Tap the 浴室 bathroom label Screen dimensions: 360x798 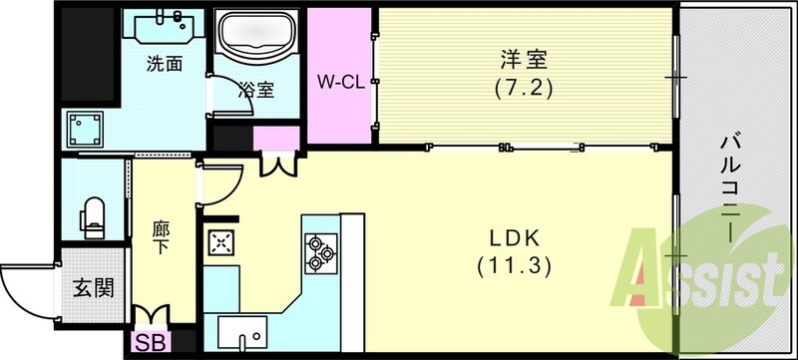[255, 89]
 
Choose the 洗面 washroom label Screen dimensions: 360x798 [164, 65]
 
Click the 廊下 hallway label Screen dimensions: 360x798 [163, 238]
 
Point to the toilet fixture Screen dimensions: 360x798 [94, 216]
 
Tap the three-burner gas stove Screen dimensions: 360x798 [319, 250]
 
